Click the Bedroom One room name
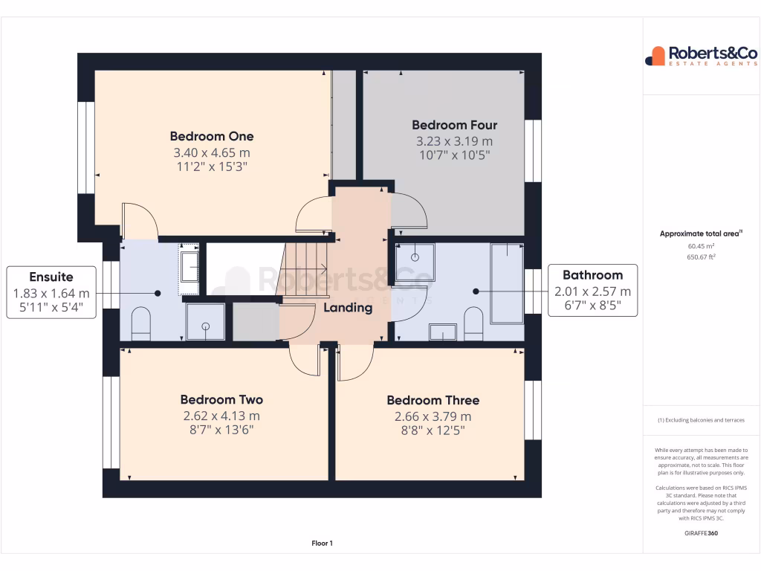click(212, 136)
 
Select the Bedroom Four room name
click(454, 125)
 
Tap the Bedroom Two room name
click(221, 400)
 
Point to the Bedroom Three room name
click(433, 401)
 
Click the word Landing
click(348, 308)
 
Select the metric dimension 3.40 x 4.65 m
click(212, 152)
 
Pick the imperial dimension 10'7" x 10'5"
click(454, 155)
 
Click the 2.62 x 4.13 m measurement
click(221, 416)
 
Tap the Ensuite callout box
click(51, 292)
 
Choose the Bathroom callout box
click(592, 290)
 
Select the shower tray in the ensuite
click(205, 321)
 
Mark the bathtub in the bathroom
click(506, 284)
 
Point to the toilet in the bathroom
click(473, 322)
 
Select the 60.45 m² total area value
click(701, 246)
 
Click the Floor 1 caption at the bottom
click(322, 543)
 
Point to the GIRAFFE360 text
click(701, 533)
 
